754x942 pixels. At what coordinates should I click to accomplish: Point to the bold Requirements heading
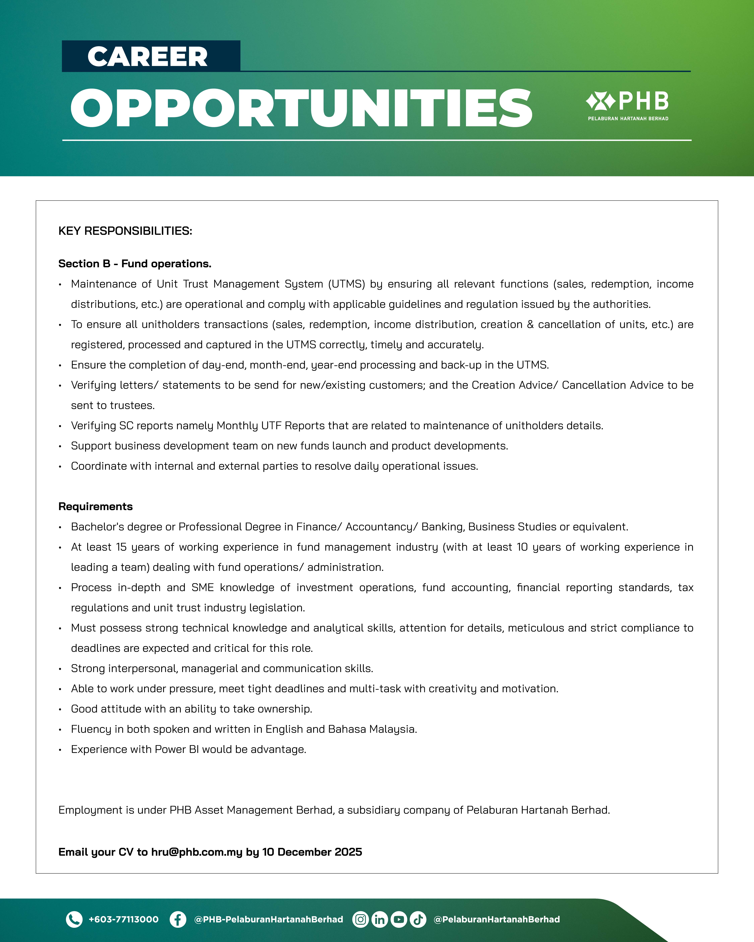tap(95, 506)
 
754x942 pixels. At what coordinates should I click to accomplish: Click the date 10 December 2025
tap(312, 852)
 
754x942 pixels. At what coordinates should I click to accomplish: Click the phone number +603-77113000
tap(123, 919)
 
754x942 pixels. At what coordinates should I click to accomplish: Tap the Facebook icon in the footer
tap(177, 919)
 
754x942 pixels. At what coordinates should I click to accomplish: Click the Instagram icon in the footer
tap(360, 919)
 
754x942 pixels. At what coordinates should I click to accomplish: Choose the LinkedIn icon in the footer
tap(379, 919)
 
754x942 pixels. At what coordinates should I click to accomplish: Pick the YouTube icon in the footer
tap(399, 919)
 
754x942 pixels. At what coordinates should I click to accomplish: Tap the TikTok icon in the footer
tap(418, 919)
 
